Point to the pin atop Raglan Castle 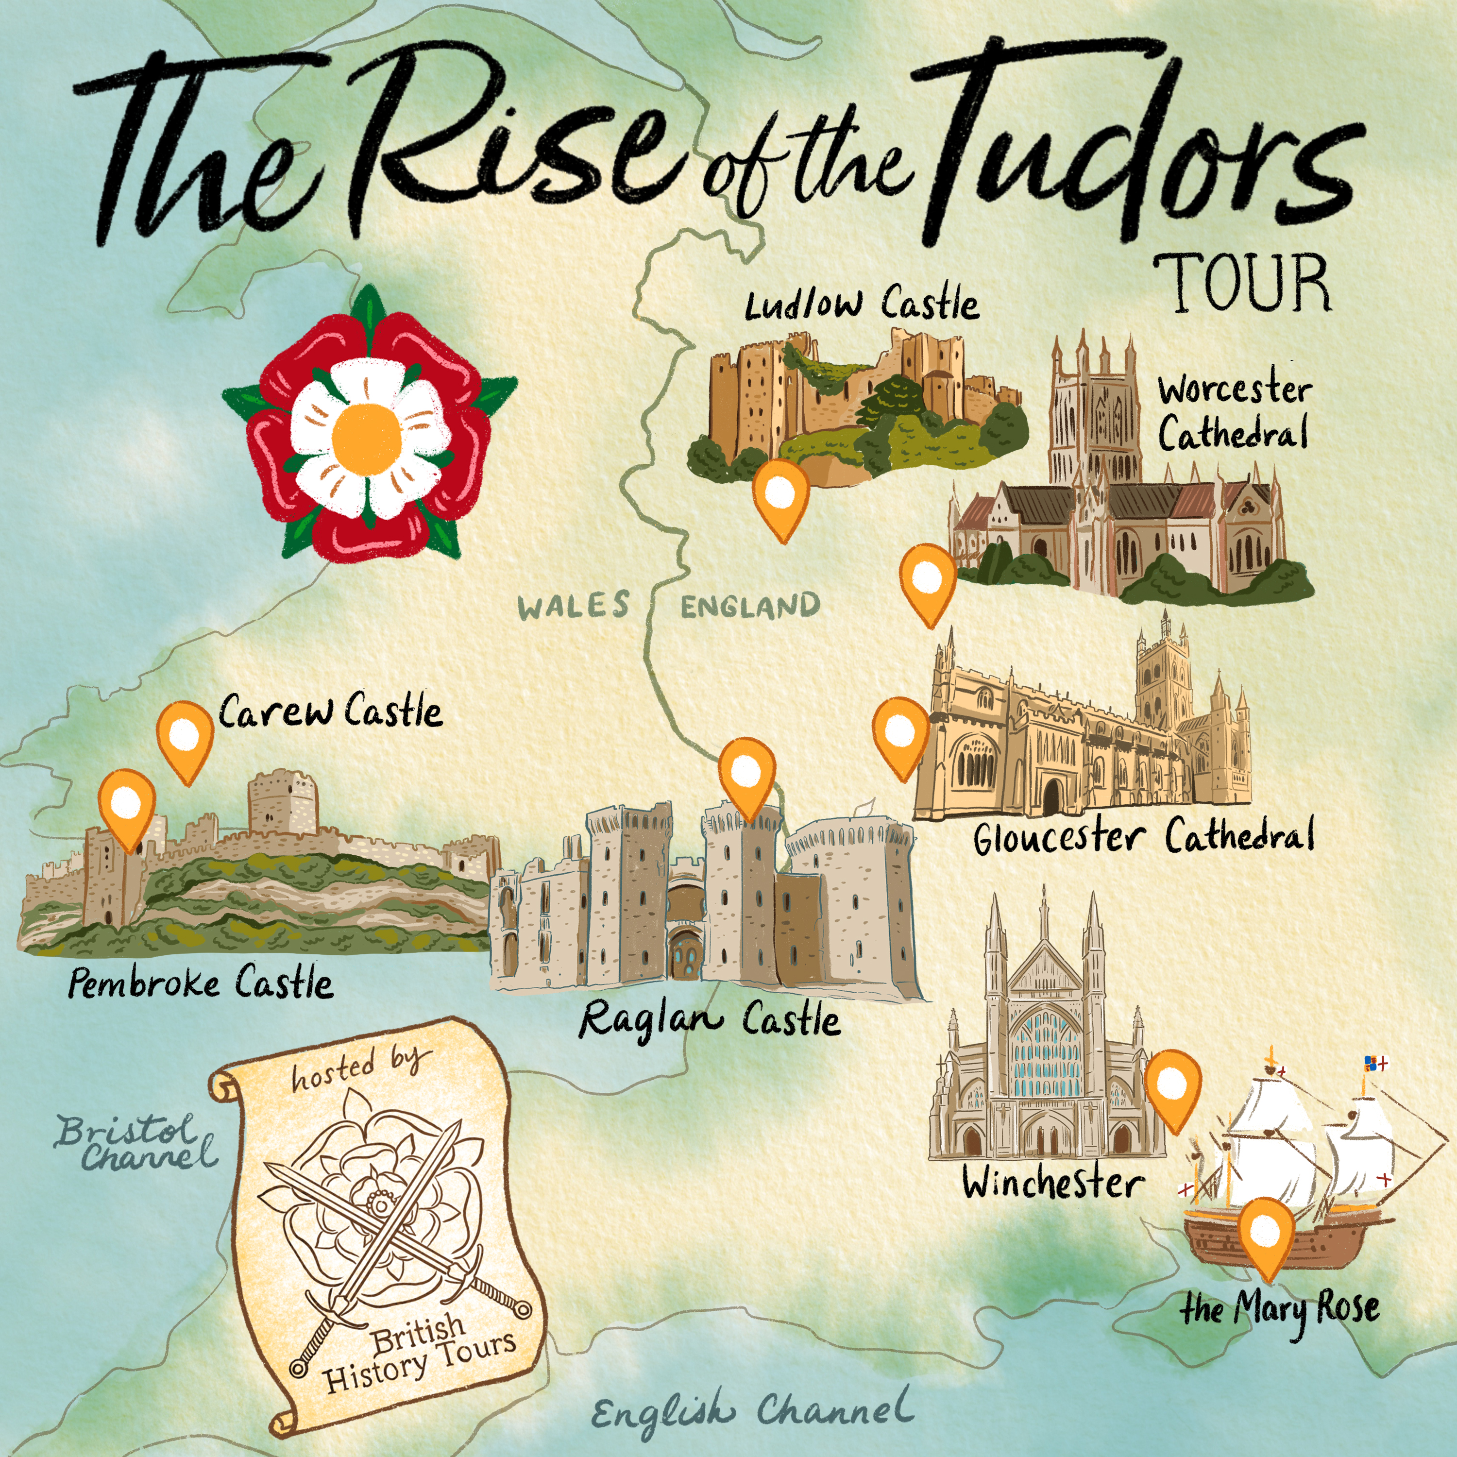[x=746, y=774]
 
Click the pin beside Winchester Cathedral [x=1172, y=1086]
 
